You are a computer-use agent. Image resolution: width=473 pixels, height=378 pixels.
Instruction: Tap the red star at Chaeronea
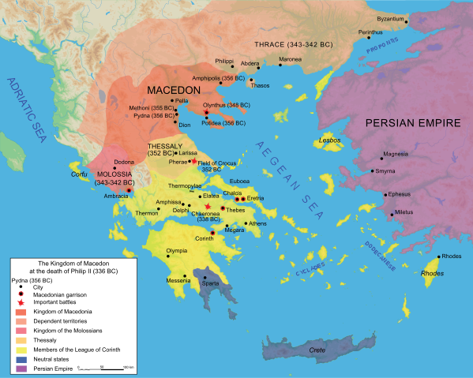(208, 207)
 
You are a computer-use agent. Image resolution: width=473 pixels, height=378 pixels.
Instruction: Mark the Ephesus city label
(400, 193)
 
